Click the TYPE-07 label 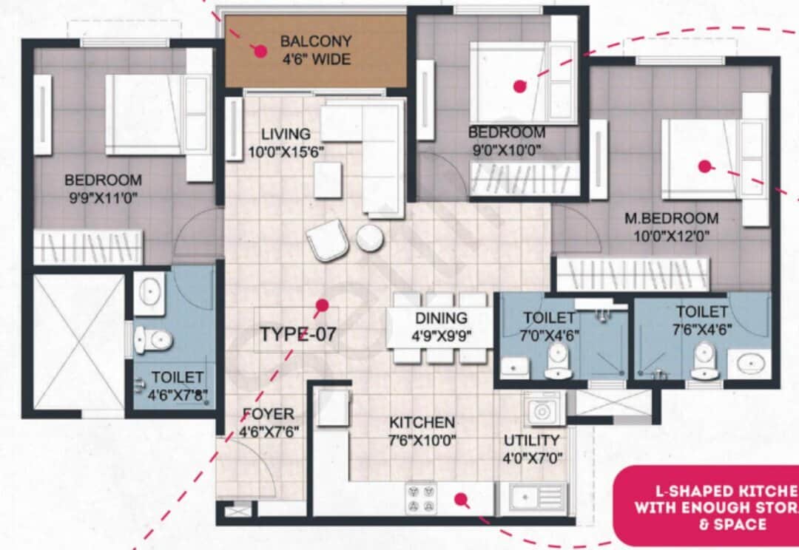[x=297, y=334]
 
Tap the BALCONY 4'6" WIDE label [x=316, y=50]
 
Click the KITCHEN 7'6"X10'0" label [x=422, y=431]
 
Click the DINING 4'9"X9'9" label [x=441, y=326]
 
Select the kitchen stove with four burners [x=422, y=498]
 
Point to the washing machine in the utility [x=544, y=409]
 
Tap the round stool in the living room [x=370, y=239]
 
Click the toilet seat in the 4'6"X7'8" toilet [x=153, y=340]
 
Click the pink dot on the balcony [x=260, y=51]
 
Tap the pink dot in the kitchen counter [x=462, y=500]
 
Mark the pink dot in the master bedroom [x=705, y=166]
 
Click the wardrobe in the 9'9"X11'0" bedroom [x=88, y=246]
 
